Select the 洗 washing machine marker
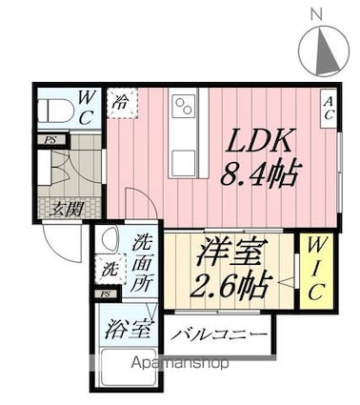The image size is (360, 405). [110, 270]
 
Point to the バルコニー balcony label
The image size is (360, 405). [218, 334]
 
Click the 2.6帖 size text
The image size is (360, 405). [230, 284]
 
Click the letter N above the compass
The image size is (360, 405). [316, 13]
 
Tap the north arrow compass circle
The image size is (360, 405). [323, 49]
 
